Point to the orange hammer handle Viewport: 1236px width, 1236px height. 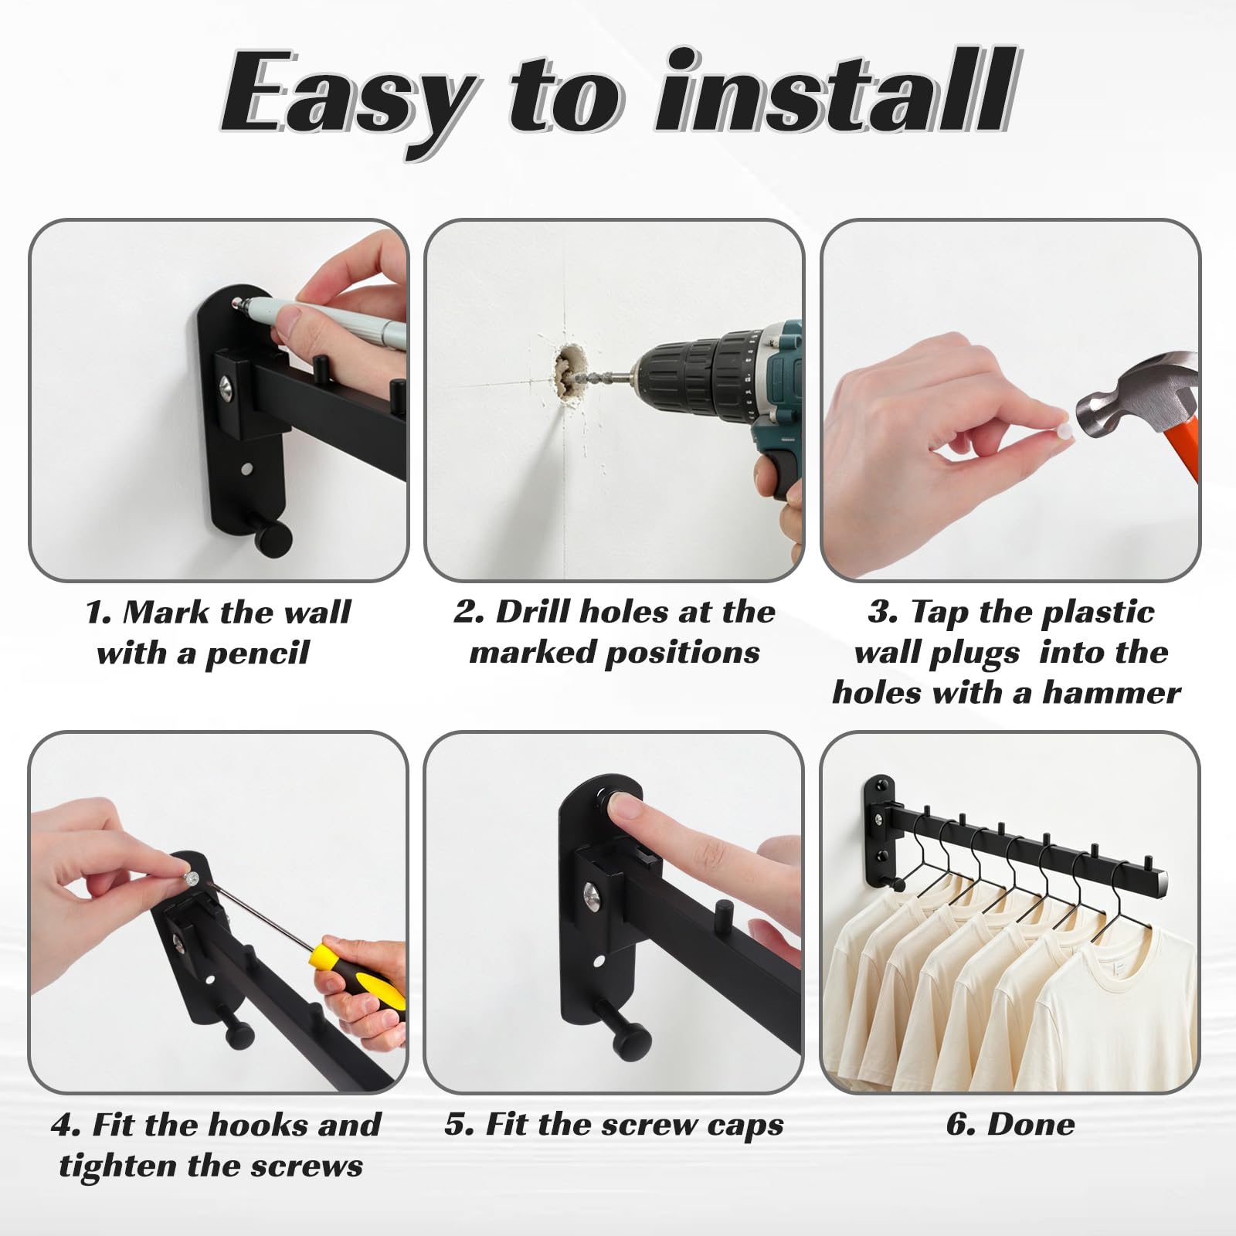(x=1176, y=456)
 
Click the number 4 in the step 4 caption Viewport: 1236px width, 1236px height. (x=63, y=1124)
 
